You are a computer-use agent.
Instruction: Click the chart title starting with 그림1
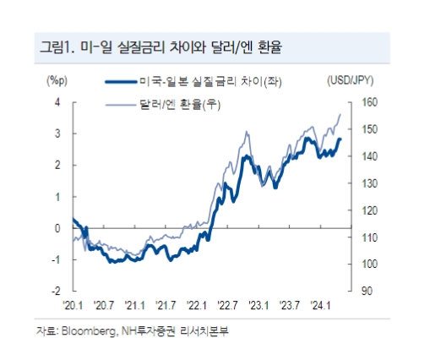point(161,47)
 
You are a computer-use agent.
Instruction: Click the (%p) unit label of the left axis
point(57,81)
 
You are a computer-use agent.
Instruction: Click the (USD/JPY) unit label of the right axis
point(350,81)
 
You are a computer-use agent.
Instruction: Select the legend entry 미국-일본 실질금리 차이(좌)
point(204,82)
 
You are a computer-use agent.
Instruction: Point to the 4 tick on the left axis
point(57,101)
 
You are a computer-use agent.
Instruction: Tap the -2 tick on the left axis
point(56,291)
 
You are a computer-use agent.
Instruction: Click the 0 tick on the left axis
point(57,228)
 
